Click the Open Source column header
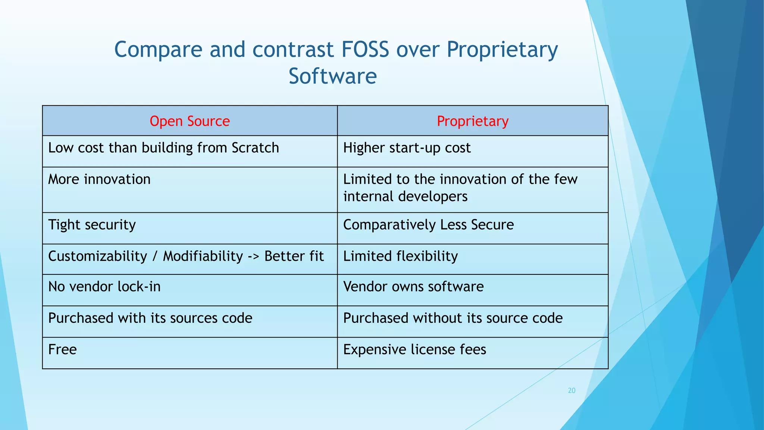[x=190, y=121]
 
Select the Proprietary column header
[x=473, y=121]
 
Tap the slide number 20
[x=572, y=390]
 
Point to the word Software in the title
[x=332, y=77]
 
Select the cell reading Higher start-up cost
[x=407, y=148]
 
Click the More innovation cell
[x=99, y=180]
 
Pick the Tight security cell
[x=92, y=225]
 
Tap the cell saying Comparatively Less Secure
[x=428, y=225]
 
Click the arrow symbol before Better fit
[x=254, y=256]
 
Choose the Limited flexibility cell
[x=400, y=256]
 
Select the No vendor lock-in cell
[x=104, y=287]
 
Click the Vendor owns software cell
[x=413, y=287]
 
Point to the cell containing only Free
[x=62, y=350]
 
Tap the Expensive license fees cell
[x=414, y=350]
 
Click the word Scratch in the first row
[x=255, y=148]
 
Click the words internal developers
[x=405, y=197]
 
